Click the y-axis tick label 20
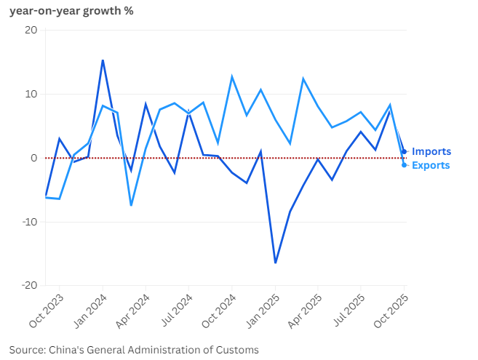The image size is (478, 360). (31, 30)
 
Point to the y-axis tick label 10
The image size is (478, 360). (31, 94)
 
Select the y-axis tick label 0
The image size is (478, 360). (33, 158)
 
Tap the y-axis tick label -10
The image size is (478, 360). (28, 222)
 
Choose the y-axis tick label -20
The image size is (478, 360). (28, 286)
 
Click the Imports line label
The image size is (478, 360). (431, 151)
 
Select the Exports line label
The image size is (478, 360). (431, 165)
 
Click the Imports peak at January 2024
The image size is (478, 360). (103, 60)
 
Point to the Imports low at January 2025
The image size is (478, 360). (275, 263)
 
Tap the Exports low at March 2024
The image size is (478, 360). (131, 205)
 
